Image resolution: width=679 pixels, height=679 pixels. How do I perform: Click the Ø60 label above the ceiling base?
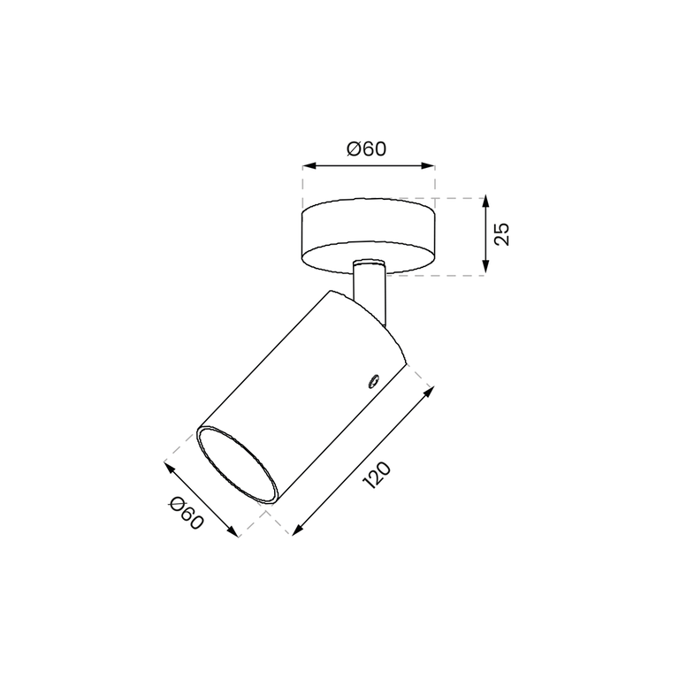point(366,149)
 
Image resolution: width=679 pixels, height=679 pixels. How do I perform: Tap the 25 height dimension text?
point(502,234)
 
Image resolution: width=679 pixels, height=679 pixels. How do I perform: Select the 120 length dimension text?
point(377,476)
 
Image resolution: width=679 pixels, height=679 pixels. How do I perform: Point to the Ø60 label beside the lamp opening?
point(187,514)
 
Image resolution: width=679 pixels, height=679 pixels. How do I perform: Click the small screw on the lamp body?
point(372,381)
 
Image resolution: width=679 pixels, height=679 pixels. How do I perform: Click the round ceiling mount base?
point(369,236)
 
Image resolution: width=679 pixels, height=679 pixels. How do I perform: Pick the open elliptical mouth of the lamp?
point(237,465)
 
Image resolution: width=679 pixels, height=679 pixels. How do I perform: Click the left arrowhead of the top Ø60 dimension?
point(309,165)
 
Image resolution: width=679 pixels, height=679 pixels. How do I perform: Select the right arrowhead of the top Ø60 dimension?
point(428,165)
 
